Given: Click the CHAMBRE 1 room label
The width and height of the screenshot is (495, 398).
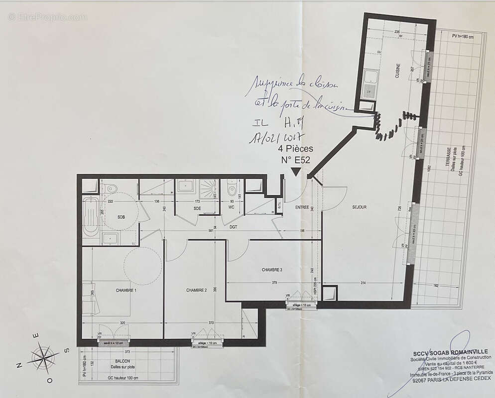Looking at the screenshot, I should (126, 290).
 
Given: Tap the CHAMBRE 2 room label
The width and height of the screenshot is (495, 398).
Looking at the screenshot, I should (196, 290).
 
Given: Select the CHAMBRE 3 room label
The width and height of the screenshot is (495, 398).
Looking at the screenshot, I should (272, 270).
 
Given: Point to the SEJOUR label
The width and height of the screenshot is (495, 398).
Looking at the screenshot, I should (359, 207).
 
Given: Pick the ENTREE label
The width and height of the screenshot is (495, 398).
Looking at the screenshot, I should (302, 207).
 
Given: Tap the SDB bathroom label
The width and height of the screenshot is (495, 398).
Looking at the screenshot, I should (121, 217).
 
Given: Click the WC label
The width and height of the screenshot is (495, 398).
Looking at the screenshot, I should (232, 207).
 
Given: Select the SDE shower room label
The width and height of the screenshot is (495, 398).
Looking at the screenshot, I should (197, 208).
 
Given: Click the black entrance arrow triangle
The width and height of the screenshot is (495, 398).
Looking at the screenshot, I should (295, 172).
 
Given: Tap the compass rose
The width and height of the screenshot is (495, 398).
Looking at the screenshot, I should (43, 357).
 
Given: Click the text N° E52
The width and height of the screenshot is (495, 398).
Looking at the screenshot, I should (295, 160).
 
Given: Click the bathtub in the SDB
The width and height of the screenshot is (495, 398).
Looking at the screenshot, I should (91, 217).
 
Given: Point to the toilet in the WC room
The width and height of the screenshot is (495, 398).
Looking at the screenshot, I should (232, 190).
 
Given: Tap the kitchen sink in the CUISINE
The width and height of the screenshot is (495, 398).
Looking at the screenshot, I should (371, 77).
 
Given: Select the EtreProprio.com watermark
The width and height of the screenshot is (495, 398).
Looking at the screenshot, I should (47, 17).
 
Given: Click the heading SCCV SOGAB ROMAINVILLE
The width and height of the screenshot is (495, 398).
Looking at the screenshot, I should (447, 352).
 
